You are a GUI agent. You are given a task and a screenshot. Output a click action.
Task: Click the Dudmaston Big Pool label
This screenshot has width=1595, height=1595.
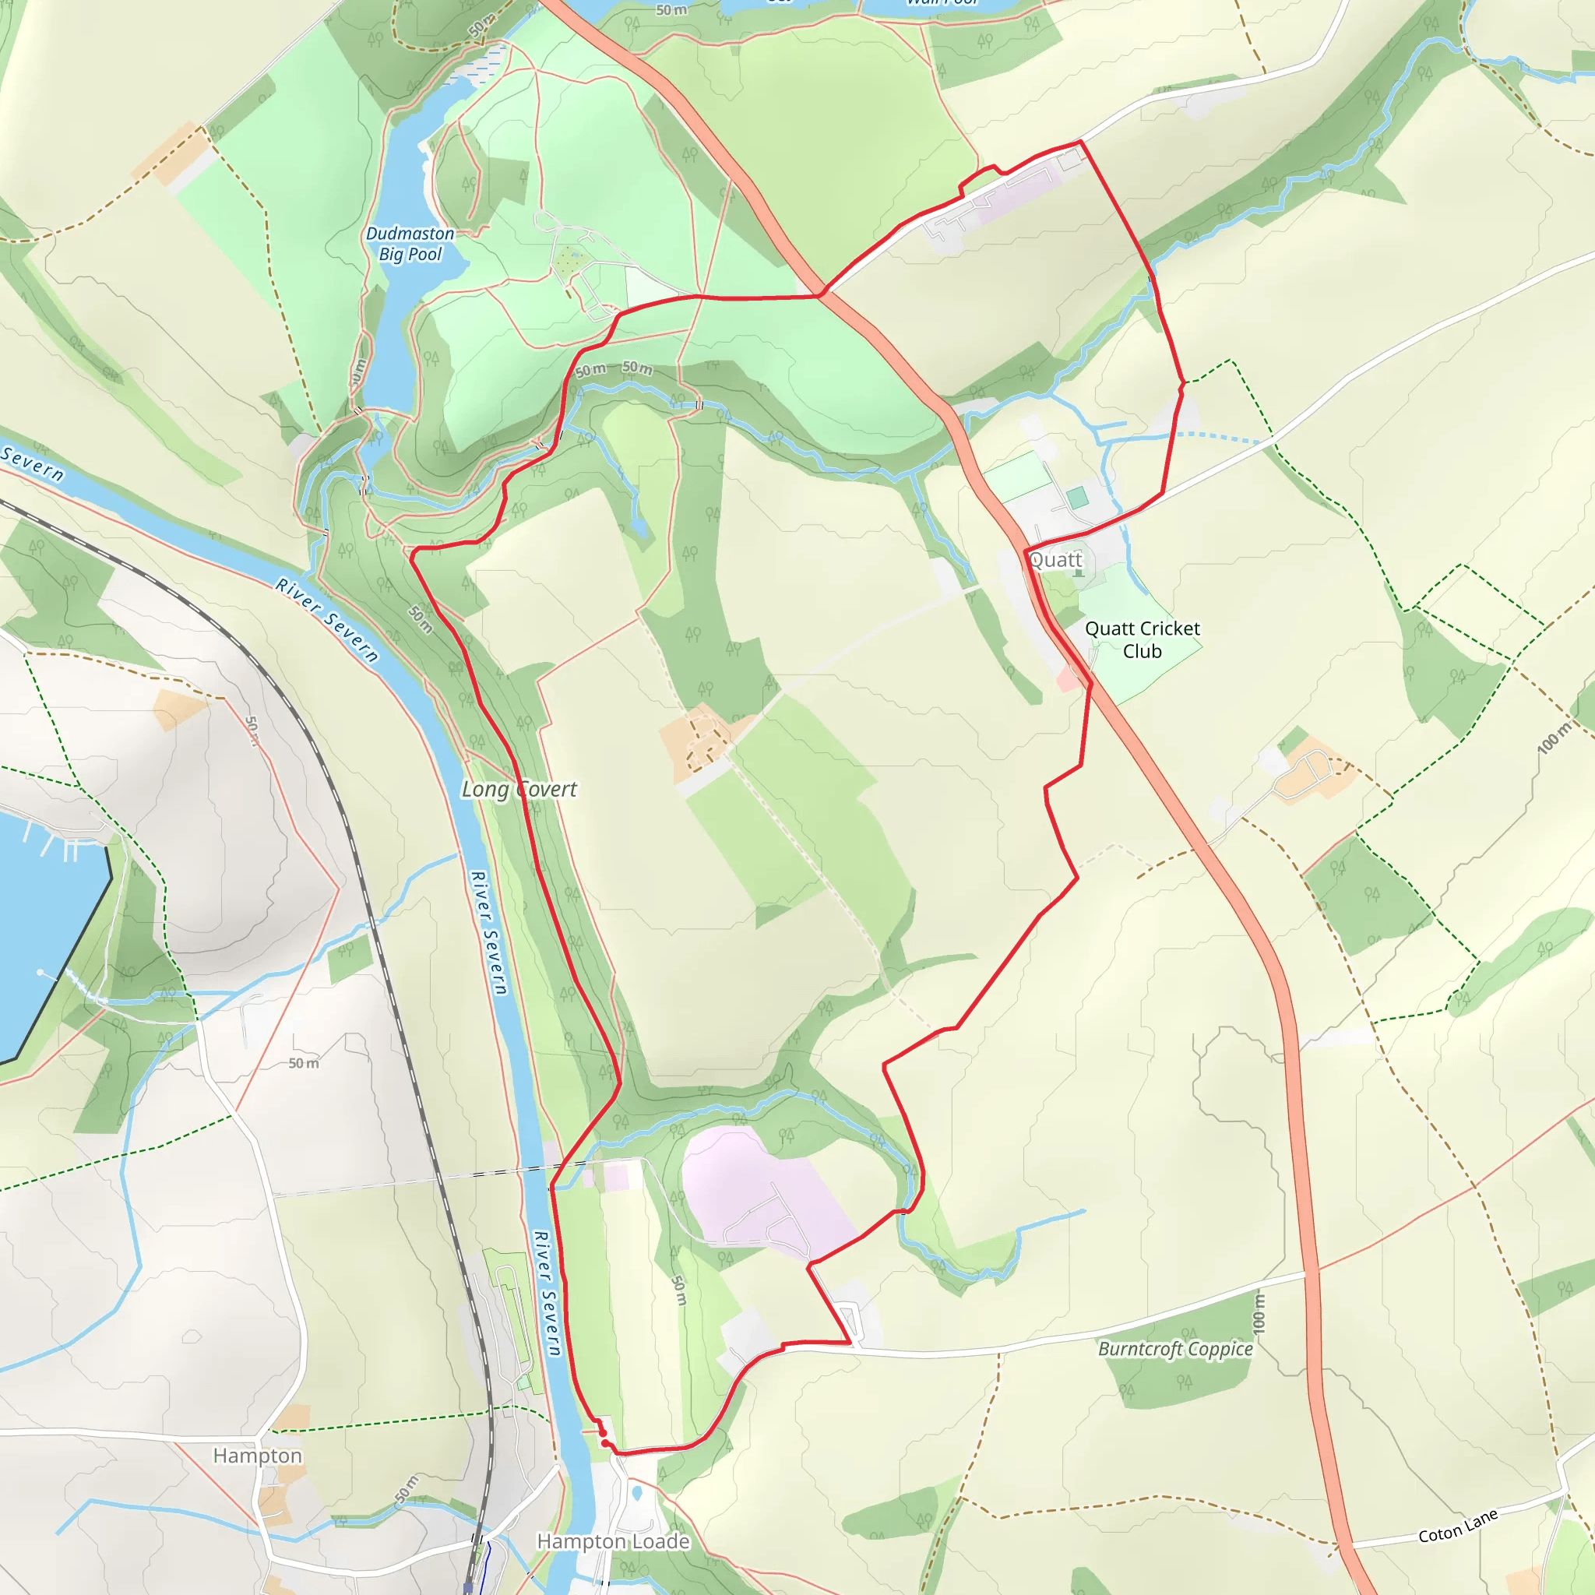[x=410, y=244]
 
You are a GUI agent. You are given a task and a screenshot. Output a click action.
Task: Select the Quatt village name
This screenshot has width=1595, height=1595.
[x=1055, y=560]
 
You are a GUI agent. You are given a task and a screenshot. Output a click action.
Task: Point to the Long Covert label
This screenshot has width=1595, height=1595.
[x=519, y=789]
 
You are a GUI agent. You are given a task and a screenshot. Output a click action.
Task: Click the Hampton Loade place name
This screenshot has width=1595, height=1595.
[x=614, y=1541]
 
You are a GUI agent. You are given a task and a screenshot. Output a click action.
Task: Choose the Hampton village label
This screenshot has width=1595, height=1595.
[x=258, y=1456]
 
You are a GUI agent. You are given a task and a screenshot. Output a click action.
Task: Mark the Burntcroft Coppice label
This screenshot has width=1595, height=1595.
[x=1174, y=1349]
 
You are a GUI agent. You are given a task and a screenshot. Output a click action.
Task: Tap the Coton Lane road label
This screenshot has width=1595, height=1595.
[x=1458, y=1526]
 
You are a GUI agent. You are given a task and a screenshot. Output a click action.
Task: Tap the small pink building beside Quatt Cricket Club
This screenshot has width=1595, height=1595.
[x=1068, y=680]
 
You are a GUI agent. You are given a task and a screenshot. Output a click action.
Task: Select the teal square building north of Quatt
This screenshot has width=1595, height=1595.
[x=1076, y=498]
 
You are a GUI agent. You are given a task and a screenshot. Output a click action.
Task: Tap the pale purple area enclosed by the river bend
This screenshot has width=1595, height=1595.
[x=759, y=1188]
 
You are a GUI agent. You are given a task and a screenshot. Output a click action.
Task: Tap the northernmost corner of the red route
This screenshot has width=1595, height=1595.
[x=1080, y=142]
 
